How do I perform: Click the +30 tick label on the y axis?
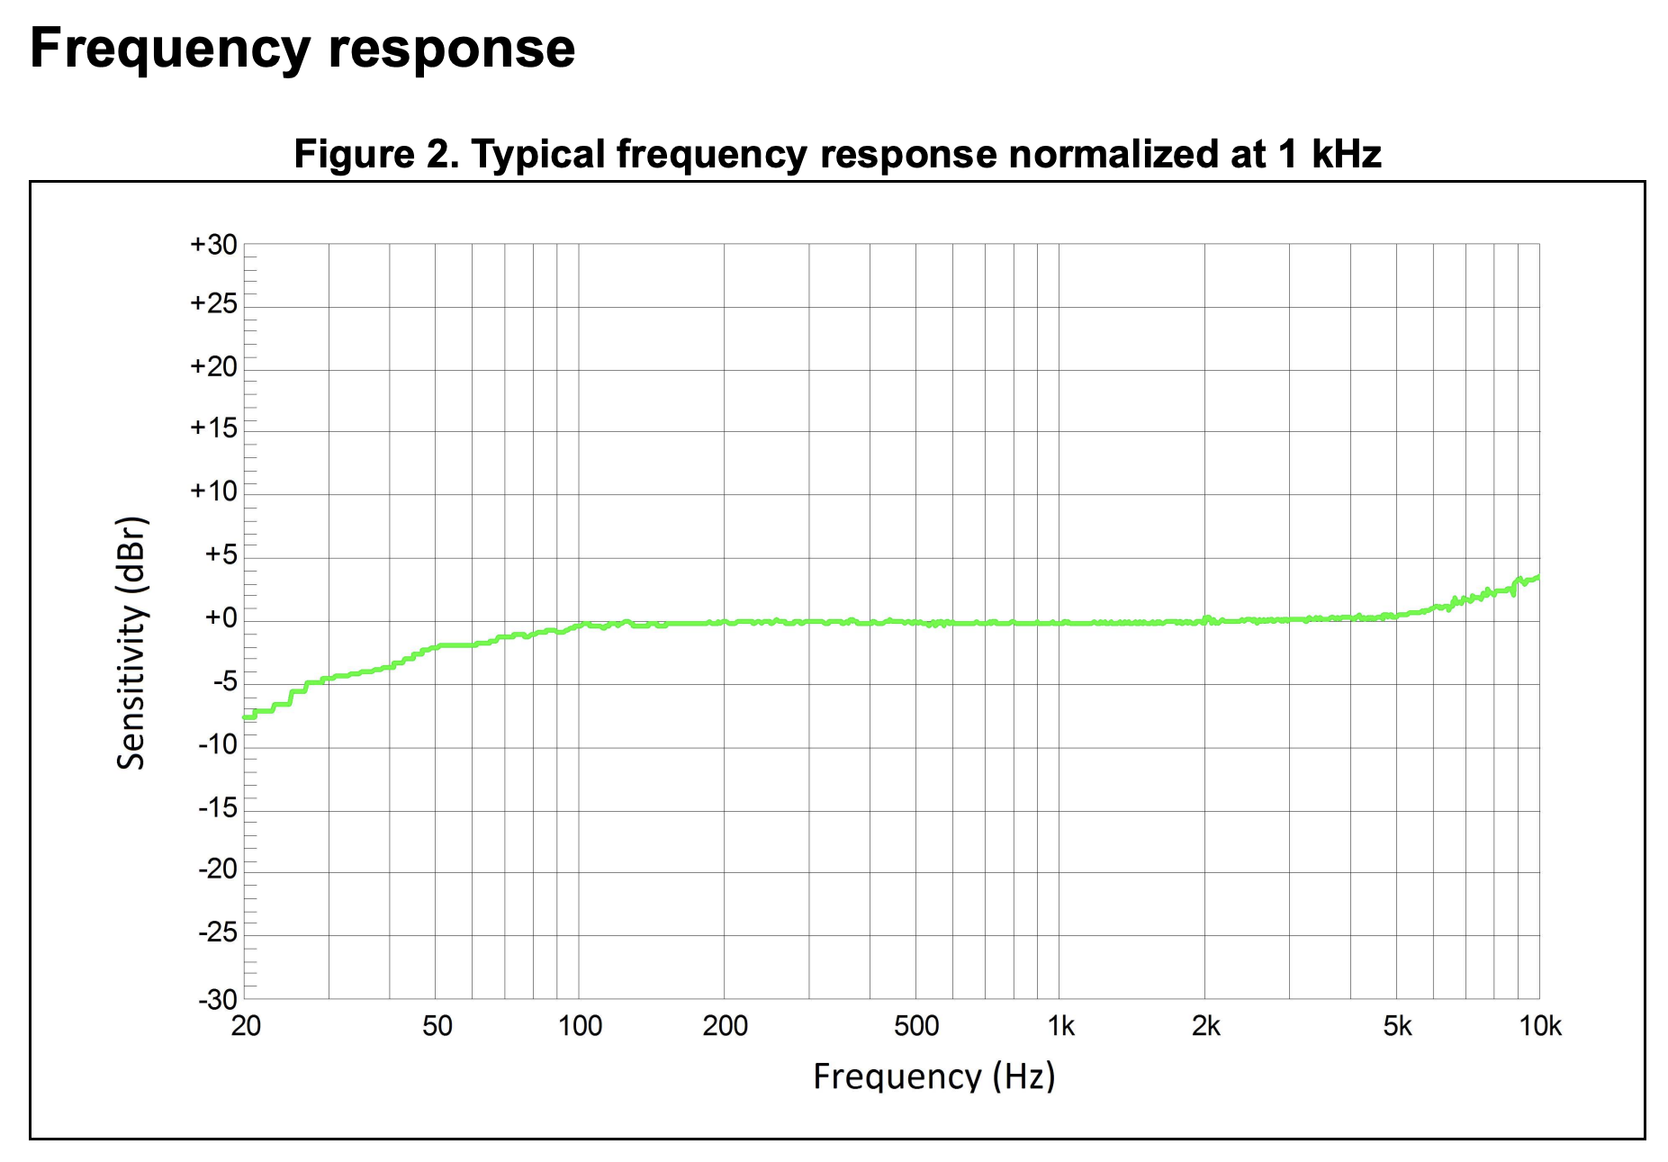tap(213, 245)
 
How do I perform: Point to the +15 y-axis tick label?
tap(213, 428)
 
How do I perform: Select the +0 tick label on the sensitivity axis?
tap(221, 617)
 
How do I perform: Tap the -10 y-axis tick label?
tap(217, 744)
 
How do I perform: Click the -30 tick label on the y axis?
tap(217, 999)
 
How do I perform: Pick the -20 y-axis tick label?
tap(217, 869)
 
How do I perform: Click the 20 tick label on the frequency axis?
tap(246, 1026)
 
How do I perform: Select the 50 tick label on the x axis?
tap(437, 1026)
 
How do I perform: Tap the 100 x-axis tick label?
tap(580, 1026)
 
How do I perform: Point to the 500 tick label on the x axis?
tap(916, 1026)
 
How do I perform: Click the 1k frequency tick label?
tap(1060, 1026)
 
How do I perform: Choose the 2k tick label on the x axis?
tap(1205, 1026)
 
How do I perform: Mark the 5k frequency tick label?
tap(1397, 1026)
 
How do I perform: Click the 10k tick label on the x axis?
tap(1540, 1026)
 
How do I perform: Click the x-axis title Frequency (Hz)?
tap(933, 1076)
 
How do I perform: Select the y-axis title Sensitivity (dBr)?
tap(131, 643)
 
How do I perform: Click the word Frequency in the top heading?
tap(170, 49)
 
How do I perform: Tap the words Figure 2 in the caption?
tap(375, 155)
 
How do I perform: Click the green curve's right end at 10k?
tap(1537, 577)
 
